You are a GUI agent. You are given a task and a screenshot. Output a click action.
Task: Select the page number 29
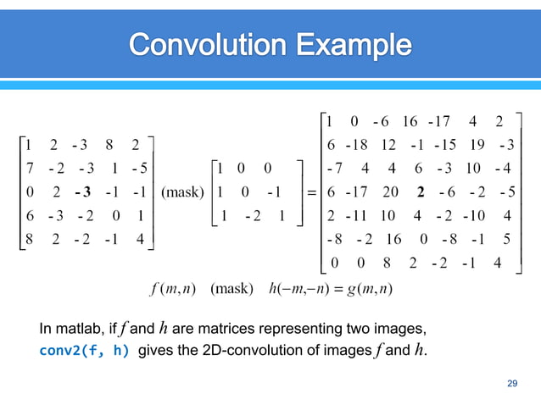511,384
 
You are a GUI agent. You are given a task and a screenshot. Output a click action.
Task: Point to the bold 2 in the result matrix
421,191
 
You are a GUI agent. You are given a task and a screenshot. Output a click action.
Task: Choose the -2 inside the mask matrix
253,214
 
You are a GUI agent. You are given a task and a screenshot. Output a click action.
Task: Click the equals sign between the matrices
311,191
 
